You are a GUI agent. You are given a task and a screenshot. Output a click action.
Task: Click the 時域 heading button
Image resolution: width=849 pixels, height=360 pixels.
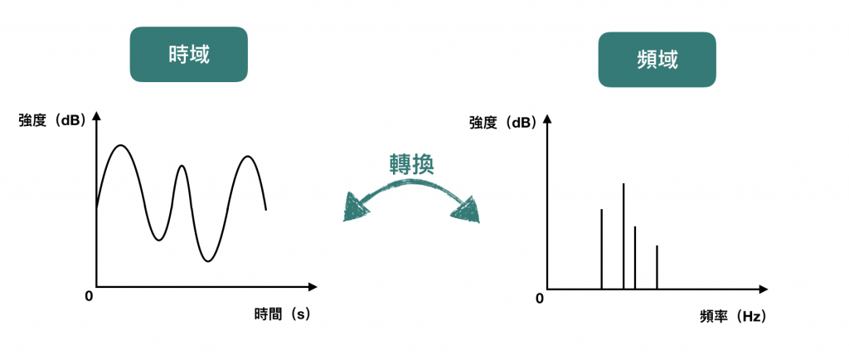(x=188, y=55)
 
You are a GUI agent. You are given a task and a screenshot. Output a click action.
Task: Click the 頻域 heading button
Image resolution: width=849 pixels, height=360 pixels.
(x=657, y=61)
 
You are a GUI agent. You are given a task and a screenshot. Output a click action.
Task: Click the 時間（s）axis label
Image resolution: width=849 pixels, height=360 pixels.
(x=282, y=314)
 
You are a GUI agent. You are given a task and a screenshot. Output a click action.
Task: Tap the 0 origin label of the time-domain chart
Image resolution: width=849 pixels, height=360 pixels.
(x=89, y=296)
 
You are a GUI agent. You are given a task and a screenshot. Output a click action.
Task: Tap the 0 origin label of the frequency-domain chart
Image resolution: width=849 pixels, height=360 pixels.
(x=539, y=298)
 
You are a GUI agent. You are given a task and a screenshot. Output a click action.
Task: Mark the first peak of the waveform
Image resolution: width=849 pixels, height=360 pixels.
(x=121, y=146)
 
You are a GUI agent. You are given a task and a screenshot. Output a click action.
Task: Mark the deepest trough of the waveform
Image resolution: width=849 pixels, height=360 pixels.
(x=208, y=261)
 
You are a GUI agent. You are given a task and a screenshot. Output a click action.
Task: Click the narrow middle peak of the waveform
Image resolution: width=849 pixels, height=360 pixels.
(x=182, y=167)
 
